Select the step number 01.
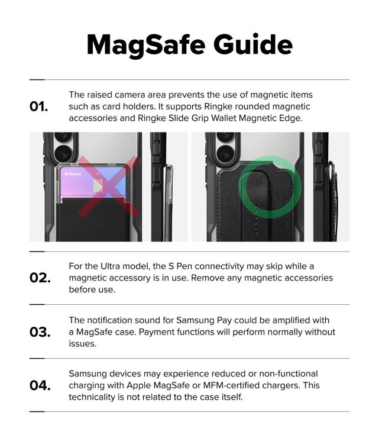click(39, 107)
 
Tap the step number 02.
click(40, 278)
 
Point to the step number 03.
click(40, 331)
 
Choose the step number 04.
click(40, 385)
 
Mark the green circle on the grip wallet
click(270, 187)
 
